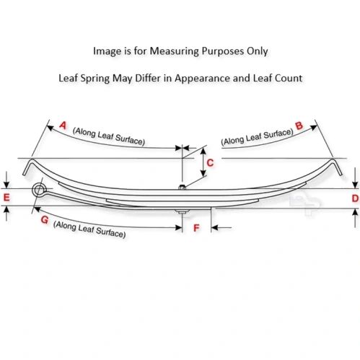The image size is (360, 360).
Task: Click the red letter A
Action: (x=63, y=126)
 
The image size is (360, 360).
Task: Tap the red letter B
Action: (x=299, y=126)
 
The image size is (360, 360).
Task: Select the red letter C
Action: (x=210, y=163)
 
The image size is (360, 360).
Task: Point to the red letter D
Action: (x=355, y=198)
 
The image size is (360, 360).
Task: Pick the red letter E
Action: (x=6, y=198)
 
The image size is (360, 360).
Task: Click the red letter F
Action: (x=196, y=228)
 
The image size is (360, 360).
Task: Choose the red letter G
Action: (x=45, y=219)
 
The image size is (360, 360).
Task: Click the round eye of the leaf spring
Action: (x=39, y=190)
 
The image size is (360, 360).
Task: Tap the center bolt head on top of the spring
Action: (x=183, y=187)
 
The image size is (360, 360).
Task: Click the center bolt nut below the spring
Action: (x=182, y=211)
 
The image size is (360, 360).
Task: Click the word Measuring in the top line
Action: (x=175, y=51)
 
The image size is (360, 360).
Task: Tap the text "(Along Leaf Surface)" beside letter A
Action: (x=109, y=136)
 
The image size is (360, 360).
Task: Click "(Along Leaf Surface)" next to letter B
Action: (x=257, y=137)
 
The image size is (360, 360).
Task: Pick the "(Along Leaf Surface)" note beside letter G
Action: (x=89, y=229)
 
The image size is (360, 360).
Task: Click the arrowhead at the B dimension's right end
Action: (x=314, y=128)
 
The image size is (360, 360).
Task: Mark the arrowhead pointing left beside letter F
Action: (x=214, y=227)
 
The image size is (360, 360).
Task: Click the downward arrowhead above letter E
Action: (x=6, y=185)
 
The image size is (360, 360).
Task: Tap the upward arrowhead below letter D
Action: (x=355, y=212)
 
